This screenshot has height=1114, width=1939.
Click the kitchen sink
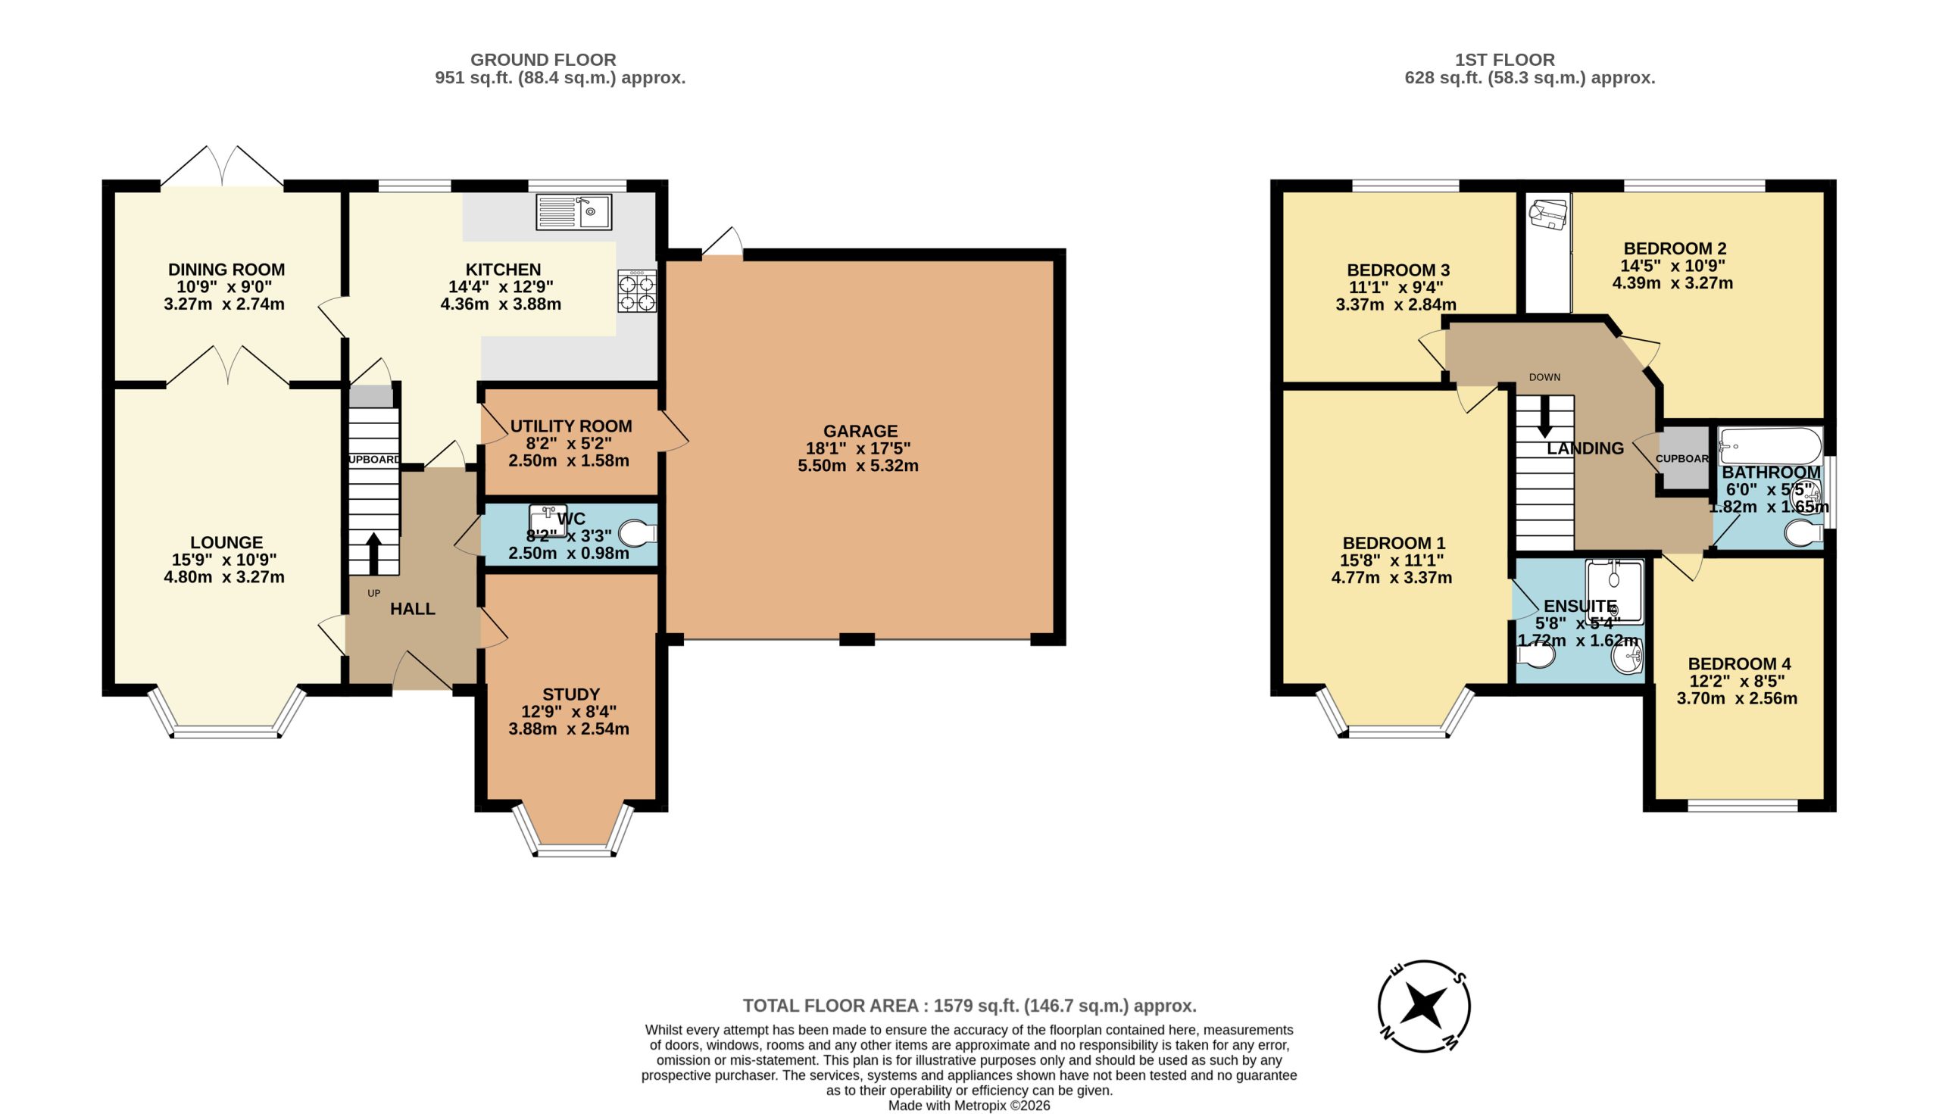coord(573,212)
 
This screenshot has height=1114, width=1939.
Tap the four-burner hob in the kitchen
coord(637,291)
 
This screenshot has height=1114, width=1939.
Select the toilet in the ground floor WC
coord(639,532)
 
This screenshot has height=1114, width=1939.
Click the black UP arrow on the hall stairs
coord(373,554)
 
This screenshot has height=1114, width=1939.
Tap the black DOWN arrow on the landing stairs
coord(1545,417)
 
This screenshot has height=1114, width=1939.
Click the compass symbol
coord(1424,1006)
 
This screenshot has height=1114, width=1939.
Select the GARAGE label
coord(860,431)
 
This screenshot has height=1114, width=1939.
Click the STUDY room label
coord(571,694)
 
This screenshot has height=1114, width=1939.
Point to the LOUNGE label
coord(226,542)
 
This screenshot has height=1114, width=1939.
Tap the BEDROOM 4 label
coord(1739,663)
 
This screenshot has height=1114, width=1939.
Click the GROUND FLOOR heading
coord(543,60)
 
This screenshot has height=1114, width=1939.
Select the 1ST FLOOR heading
coord(1505,60)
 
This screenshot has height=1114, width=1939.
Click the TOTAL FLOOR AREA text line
coord(969,1006)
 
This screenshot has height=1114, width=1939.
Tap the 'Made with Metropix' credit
coord(969,1106)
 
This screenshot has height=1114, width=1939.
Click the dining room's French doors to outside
coord(222,166)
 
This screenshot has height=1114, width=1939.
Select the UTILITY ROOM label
coord(571,426)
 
